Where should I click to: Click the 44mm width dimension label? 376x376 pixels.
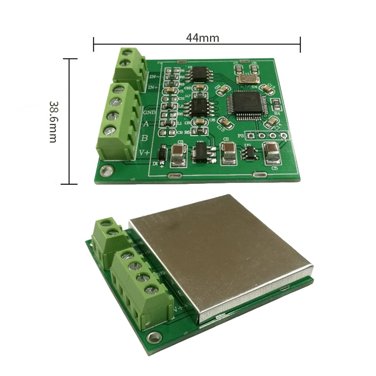(202, 38)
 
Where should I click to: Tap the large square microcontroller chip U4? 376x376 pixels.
(246, 105)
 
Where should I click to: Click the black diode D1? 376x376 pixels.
(162, 154)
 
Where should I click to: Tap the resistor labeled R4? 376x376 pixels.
(276, 103)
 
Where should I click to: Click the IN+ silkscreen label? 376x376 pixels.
(154, 88)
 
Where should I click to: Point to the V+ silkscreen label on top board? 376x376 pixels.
(145, 152)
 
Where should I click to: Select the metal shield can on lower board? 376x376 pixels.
(222, 256)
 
